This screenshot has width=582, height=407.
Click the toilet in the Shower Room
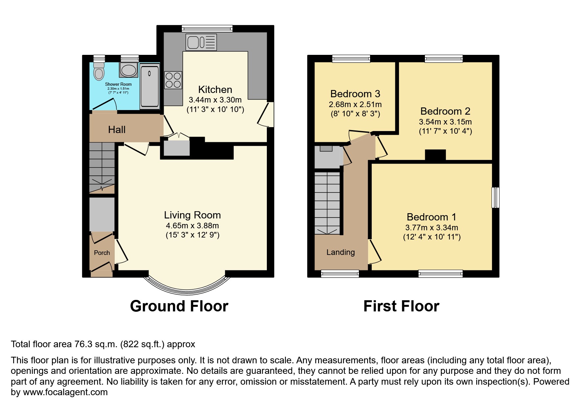click(x=99, y=71)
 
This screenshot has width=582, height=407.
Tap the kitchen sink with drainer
click(x=201, y=42)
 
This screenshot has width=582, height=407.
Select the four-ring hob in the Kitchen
click(x=173, y=80)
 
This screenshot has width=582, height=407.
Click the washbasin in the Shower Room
click(x=129, y=70)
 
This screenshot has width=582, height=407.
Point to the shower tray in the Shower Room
click(x=150, y=86)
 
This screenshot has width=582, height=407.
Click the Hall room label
click(x=117, y=130)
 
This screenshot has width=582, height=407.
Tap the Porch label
click(x=102, y=253)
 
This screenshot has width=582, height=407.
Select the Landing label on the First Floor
click(x=340, y=252)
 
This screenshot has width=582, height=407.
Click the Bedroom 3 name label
click(x=355, y=94)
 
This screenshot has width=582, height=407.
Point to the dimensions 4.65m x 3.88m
click(x=192, y=226)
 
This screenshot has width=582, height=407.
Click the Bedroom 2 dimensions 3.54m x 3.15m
click(x=445, y=122)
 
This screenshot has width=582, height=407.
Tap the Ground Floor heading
click(x=179, y=306)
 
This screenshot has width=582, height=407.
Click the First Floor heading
click(x=401, y=306)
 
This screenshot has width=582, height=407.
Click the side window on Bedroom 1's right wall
click(x=495, y=197)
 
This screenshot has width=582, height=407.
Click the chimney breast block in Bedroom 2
click(x=435, y=155)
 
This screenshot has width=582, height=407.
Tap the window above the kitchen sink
click(x=207, y=29)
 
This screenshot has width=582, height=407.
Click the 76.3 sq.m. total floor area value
click(x=96, y=344)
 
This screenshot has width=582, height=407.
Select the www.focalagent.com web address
click(x=65, y=392)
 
